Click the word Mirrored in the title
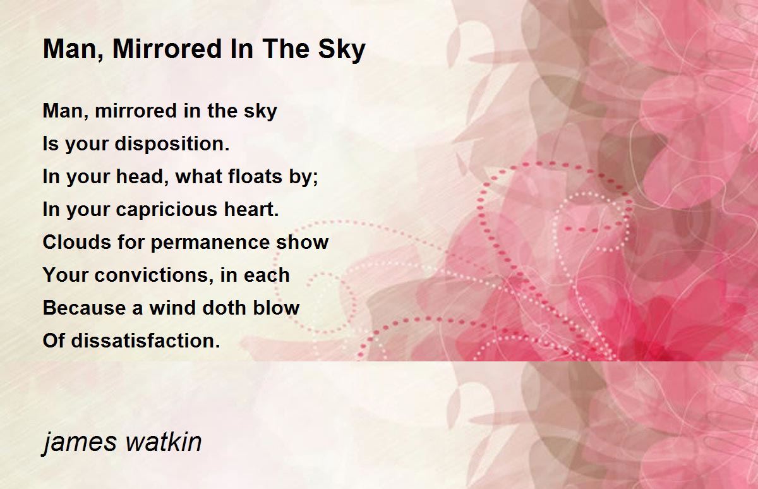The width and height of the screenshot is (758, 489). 167,49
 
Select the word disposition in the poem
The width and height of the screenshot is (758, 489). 172,144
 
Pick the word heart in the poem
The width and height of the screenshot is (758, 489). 251,210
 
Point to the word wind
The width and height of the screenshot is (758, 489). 172,308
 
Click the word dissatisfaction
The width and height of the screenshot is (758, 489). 145,341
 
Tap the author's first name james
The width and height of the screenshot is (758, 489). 80,443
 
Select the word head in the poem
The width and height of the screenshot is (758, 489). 138,176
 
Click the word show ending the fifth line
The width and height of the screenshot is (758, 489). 302,242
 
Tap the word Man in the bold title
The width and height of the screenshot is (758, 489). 72,50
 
